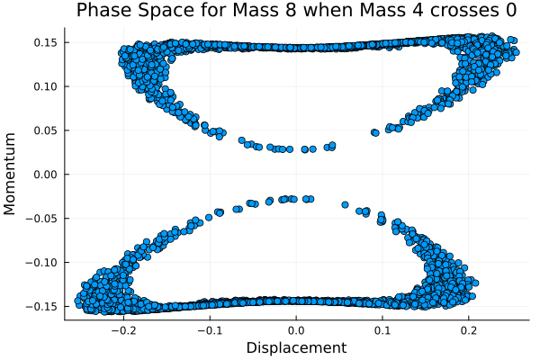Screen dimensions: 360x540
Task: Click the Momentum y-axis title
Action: pyautogui.click(x=11, y=174)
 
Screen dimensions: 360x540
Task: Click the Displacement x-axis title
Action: pyautogui.click(x=296, y=347)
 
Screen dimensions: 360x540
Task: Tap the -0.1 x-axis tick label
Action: pyautogui.click(x=209, y=329)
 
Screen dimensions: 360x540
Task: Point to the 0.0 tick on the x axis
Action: pyautogui.click(x=296, y=329)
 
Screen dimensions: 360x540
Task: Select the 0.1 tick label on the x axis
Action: pyautogui.click(x=382, y=329)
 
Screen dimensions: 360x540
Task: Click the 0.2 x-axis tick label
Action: pyautogui.click(x=469, y=329)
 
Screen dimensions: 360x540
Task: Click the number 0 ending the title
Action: pyautogui.click(x=510, y=11)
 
